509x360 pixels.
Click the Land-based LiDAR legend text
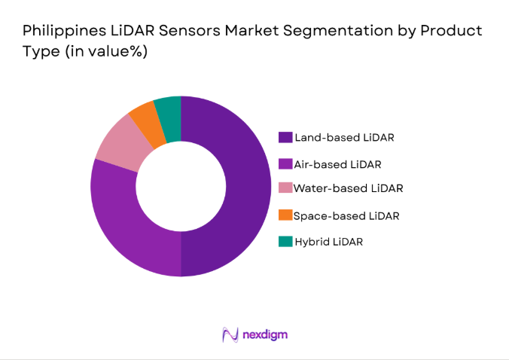tap(344, 137)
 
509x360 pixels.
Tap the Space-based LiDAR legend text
tap(346, 215)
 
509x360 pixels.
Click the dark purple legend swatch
tap(285, 137)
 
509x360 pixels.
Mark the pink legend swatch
tap(285, 188)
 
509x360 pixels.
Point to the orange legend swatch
tap(285, 215)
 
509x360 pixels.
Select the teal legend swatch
tap(285, 241)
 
